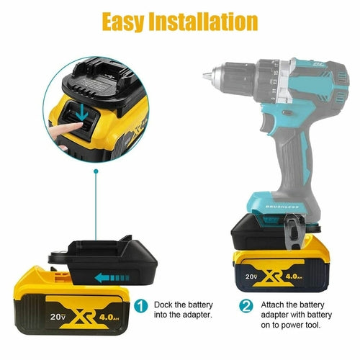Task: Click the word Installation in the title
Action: tap(209, 21)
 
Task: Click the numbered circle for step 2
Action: tap(247, 306)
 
